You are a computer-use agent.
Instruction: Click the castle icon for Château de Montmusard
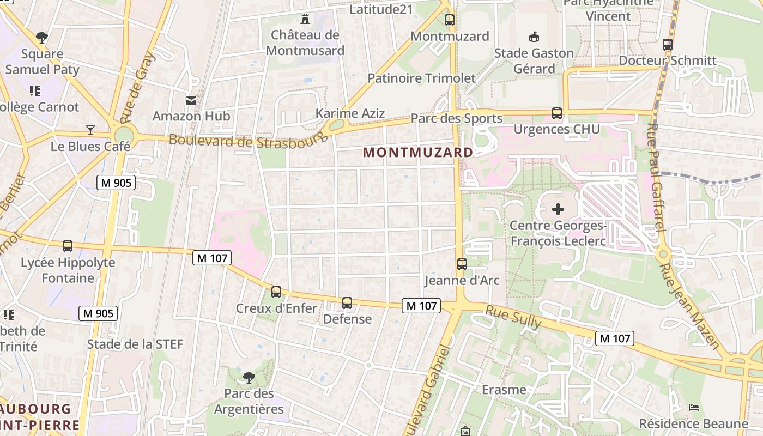[x=305, y=20]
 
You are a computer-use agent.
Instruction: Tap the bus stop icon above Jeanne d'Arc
[x=462, y=264]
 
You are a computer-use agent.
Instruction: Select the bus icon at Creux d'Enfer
[x=276, y=292]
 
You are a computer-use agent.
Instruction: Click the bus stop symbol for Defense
[x=347, y=303]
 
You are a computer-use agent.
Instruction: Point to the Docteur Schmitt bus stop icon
[x=668, y=45]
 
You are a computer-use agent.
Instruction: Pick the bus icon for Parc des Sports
[x=556, y=113]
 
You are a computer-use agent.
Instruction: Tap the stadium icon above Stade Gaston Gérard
[x=534, y=37]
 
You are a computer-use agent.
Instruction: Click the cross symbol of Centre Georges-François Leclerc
[x=558, y=209]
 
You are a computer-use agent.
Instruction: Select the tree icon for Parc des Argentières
[x=249, y=377]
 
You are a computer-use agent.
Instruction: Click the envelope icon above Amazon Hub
[x=191, y=100]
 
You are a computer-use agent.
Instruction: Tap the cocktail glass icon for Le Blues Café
[x=90, y=130]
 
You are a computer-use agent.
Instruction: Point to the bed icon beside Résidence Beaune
[x=694, y=408]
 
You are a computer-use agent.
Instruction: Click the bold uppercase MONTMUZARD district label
[x=418, y=153]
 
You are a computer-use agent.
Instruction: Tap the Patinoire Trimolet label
[x=421, y=78]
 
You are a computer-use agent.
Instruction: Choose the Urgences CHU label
[x=556, y=129]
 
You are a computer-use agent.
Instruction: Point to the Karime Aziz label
[x=350, y=113]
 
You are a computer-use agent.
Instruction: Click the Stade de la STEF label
[x=135, y=344]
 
